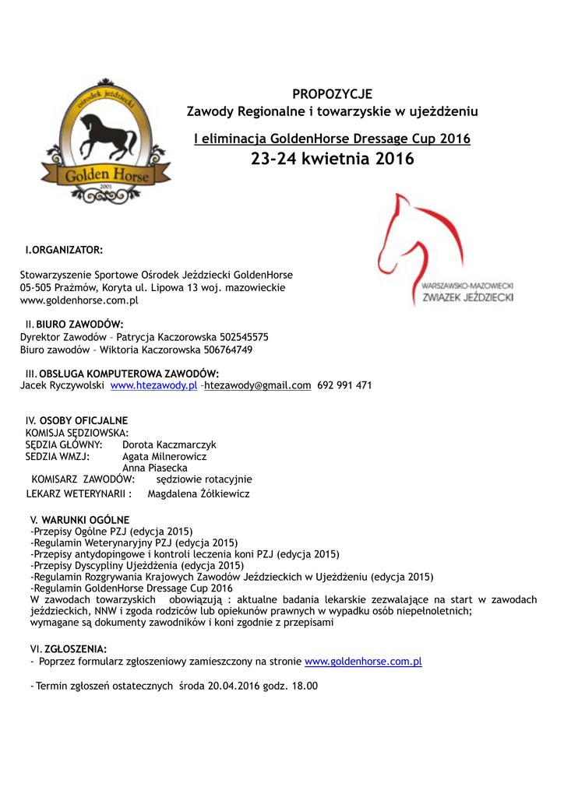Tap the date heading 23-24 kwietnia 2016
tap(333, 160)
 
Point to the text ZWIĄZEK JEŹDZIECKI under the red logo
tap(467, 297)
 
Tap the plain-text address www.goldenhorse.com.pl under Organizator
tap(79, 300)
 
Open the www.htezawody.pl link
tap(153, 385)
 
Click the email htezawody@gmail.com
tap(257, 385)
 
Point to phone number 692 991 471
tap(344, 385)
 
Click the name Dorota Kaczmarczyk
tap(169, 444)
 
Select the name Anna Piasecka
tap(155, 469)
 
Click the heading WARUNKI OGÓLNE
tap(86, 519)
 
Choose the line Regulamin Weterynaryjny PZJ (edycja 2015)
tap(134, 542)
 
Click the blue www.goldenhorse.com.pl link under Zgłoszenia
tap(363, 662)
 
